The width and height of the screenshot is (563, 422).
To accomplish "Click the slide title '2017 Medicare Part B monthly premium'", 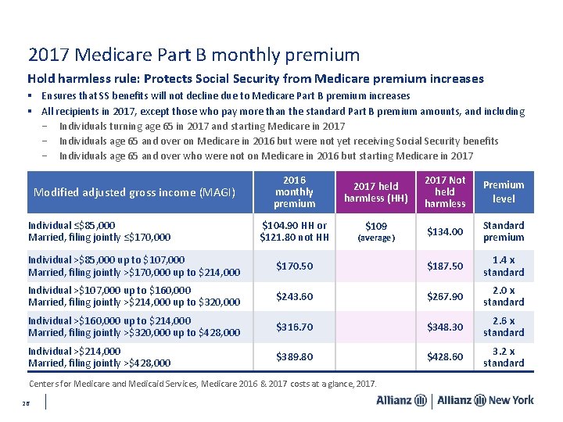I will [x=194, y=55].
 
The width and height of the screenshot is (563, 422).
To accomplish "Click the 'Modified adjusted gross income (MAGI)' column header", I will [x=136, y=192].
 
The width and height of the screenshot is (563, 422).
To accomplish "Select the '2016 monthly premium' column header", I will [x=295, y=191].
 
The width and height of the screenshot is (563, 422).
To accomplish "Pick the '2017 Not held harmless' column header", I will [x=445, y=191].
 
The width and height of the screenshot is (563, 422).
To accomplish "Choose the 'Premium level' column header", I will [x=504, y=191].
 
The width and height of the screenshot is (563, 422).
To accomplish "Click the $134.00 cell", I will [x=445, y=231].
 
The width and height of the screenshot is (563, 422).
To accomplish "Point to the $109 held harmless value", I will [x=376, y=227].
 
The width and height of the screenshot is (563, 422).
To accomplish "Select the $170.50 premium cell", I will [x=295, y=266].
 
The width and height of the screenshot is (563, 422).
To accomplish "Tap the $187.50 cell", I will [x=445, y=266].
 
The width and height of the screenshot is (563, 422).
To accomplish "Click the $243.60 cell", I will [x=295, y=296].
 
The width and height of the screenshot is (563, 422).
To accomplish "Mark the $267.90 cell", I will [x=445, y=296].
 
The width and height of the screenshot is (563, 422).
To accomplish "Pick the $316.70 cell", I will [x=295, y=327].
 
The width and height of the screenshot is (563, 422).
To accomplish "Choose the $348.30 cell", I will [x=445, y=327].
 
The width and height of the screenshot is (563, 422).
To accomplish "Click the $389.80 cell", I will [x=295, y=357].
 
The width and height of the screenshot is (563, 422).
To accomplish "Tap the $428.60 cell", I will [x=445, y=357].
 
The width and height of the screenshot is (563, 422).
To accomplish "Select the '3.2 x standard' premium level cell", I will [x=504, y=357].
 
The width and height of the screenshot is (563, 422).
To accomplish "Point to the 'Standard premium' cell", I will [x=504, y=231].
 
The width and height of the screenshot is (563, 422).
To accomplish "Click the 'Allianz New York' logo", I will [x=486, y=400].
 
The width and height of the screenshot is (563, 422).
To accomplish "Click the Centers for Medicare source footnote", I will [x=203, y=384].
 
